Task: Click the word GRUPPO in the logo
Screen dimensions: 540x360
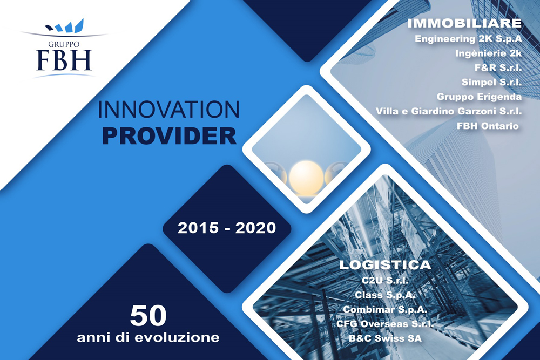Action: pyautogui.click(x=64, y=44)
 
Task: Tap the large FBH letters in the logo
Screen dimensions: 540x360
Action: pyautogui.click(x=64, y=60)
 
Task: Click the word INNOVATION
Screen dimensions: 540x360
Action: pyautogui.click(x=168, y=110)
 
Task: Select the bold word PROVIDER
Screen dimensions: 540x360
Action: pyautogui.click(x=169, y=136)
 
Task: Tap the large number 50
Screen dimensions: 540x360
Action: pyautogui.click(x=148, y=316)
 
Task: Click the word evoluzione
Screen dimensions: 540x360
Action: pyautogui.click(x=177, y=337)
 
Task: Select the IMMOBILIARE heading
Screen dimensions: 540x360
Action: pyautogui.click(x=464, y=23)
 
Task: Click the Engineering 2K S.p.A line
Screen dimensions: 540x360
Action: pyautogui.click(x=468, y=39)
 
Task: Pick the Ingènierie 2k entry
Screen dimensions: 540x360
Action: pyautogui.click(x=488, y=53)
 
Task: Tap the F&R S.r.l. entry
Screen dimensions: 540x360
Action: pyautogui.click(x=498, y=67)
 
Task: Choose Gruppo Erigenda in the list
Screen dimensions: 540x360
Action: pyautogui.click(x=479, y=97)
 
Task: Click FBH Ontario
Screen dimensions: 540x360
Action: pyautogui.click(x=488, y=126)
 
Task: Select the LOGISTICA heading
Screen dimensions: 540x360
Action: pyautogui.click(x=386, y=264)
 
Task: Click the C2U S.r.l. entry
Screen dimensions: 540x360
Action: pyautogui.click(x=385, y=280)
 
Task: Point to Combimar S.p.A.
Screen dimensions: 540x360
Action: pyautogui.click(x=385, y=309)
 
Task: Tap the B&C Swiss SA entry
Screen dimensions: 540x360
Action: pyautogui.click(x=385, y=338)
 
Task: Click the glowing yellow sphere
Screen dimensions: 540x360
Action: pyautogui.click(x=306, y=178)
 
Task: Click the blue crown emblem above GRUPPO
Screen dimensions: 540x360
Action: pyautogui.click(x=65, y=26)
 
